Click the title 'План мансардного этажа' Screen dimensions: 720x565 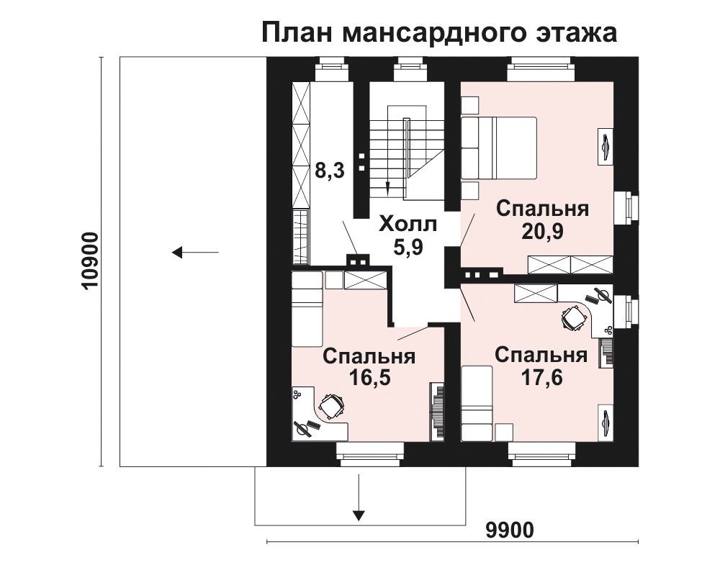439,33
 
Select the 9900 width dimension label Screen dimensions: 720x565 510,530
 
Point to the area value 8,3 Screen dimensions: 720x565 329,171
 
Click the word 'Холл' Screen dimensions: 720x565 408,225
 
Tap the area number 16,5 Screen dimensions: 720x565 369,378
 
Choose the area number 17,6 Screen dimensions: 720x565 541,377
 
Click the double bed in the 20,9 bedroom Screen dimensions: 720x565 499,148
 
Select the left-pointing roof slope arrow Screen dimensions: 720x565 195,252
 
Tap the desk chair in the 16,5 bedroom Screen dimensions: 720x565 330,407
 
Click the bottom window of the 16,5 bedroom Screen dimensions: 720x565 370,451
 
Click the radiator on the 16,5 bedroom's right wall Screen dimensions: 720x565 438,412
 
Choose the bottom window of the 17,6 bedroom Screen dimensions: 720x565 542,451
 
